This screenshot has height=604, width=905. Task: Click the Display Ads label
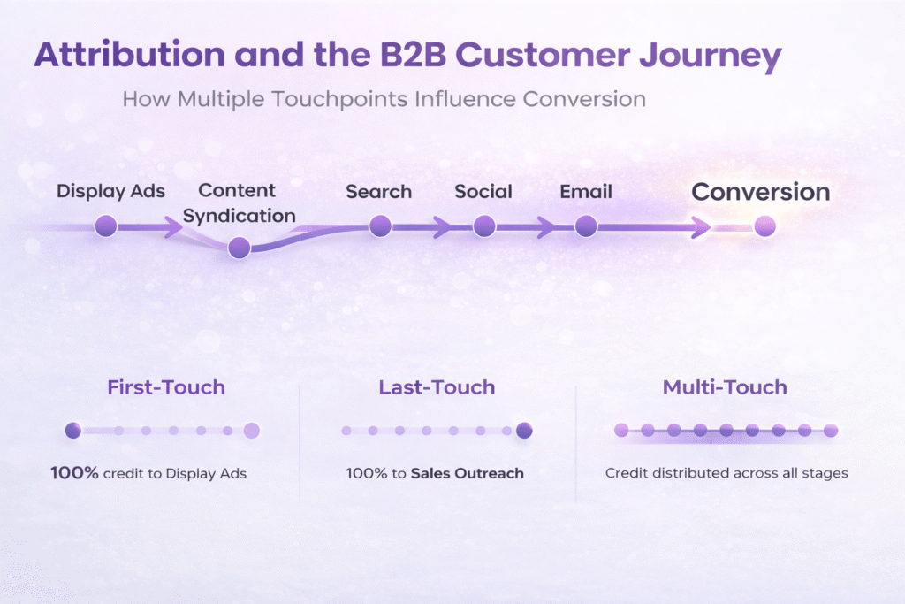click(x=110, y=191)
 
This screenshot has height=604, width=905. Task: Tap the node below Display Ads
click(x=106, y=226)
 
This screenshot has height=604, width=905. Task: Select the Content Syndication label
click(x=239, y=203)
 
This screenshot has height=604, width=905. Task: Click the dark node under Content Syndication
click(x=239, y=248)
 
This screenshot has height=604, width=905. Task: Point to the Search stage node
click(x=380, y=226)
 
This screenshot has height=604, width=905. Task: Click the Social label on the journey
click(x=483, y=191)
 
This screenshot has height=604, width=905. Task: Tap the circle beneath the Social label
click(x=483, y=226)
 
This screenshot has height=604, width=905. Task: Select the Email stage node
click(x=586, y=226)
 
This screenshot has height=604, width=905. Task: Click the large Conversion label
click(x=760, y=192)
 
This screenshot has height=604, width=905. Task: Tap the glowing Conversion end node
click(x=764, y=226)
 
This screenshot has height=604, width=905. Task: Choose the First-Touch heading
click(x=166, y=387)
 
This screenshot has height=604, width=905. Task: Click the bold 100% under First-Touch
click(x=74, y=473)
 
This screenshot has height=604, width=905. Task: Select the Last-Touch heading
click(x=437, y=387)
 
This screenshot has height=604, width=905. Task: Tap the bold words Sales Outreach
click(x=467, y=473)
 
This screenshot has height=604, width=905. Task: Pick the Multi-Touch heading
click(x=725, y=387)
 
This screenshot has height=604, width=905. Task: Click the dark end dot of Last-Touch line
click(x=524, y=431)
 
